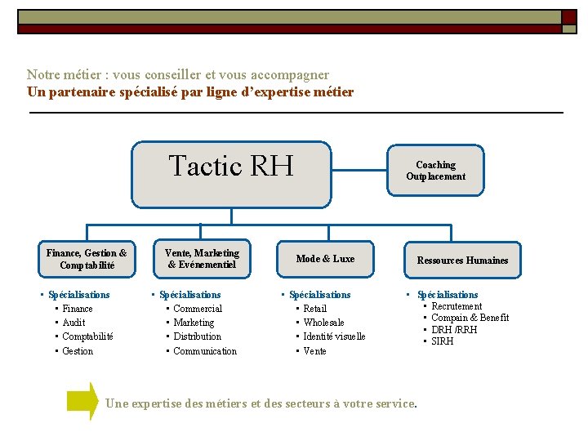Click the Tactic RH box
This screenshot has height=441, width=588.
click(231, 174)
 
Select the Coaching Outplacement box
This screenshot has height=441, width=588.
click(435, 171)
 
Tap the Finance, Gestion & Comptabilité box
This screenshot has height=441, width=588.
click(87, 260)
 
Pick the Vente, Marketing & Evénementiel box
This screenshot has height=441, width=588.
click(202, 260)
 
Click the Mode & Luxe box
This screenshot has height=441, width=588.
click(325, 260)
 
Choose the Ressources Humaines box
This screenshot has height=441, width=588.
click(462, 261)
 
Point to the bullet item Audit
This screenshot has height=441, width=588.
click(73, 323)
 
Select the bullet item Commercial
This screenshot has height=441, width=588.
click(198, 309)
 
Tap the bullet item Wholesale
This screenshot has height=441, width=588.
click(323, 323)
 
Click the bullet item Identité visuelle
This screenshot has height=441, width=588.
click(334, 336)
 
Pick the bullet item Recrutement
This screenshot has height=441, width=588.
click(457, 306)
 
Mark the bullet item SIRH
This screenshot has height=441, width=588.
click(442, 341)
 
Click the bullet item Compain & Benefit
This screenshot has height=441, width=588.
click(470, 318)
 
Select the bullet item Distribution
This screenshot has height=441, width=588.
click(197, 336)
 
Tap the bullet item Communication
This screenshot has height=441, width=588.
click(205, 351)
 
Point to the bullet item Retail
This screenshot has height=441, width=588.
click(314, 309)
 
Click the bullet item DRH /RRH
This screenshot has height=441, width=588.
click(454, 330)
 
